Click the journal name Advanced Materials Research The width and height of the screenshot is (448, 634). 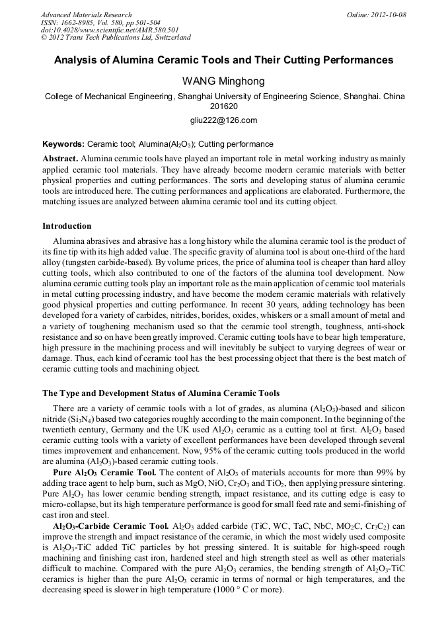point(86,15)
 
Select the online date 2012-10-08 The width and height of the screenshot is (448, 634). point(385,15)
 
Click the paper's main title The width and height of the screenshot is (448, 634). point(223,60)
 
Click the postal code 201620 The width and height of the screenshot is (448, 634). point(223,106)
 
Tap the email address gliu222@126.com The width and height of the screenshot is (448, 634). point(223,120)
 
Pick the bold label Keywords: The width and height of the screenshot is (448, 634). point(63,143)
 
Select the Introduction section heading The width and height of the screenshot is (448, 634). point(67,226)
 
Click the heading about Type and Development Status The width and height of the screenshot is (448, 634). point(161,393)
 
